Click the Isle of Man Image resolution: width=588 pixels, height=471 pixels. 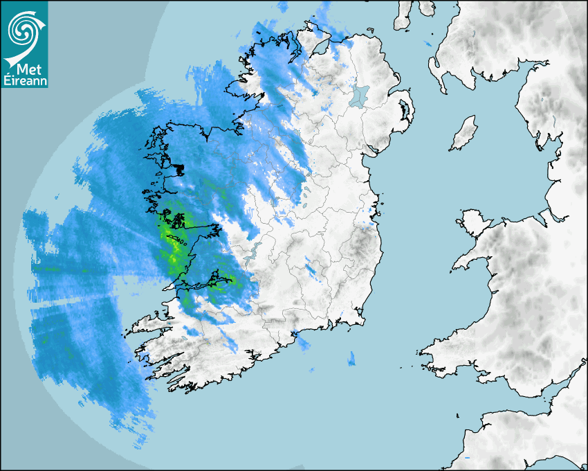pos(464,134)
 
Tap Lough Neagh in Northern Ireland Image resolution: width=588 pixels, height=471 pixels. pos(360,96)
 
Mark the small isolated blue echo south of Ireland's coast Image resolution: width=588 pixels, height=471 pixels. pos(351,358)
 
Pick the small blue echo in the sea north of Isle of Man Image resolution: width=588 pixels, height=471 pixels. pos(430,44)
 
